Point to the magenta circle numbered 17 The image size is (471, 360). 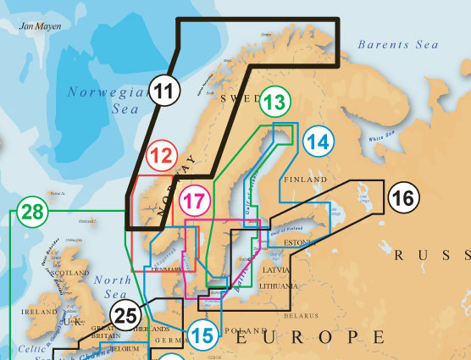[x=194, y=201]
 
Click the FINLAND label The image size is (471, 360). [x=306, y=180]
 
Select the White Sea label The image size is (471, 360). [x=382, y=134]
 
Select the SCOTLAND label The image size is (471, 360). [x=70, y=274]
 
